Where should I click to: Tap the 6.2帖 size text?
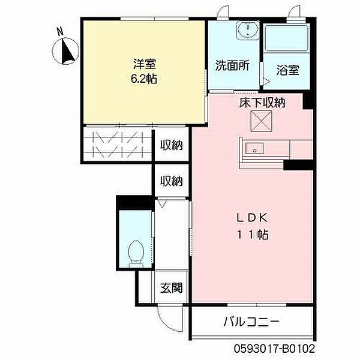(144, 79)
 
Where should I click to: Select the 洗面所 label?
(232, 65)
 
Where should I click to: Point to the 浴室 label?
(287, 70)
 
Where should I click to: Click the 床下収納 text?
(262, 103)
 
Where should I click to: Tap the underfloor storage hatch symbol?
(261, 121)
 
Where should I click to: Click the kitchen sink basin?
(254, 148)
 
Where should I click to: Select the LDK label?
(252, 218)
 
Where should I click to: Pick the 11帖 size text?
(253, 235)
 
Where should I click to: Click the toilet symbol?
(136, 254)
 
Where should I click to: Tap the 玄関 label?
(171, 287)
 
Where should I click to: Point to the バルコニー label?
(251, 322)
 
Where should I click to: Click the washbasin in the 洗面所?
(248, 30)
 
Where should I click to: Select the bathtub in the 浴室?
(286, 38)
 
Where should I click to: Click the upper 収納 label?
(171, 145)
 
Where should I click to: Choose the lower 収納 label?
(171, 181)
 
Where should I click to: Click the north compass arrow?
(68, 52)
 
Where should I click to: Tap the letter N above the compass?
(60, 31)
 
